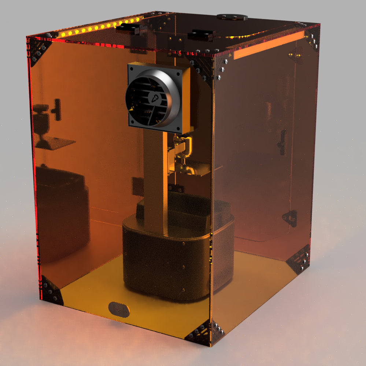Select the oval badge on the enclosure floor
[119, 309]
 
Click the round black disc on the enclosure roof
[232, 17]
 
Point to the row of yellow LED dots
[99, 27]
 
